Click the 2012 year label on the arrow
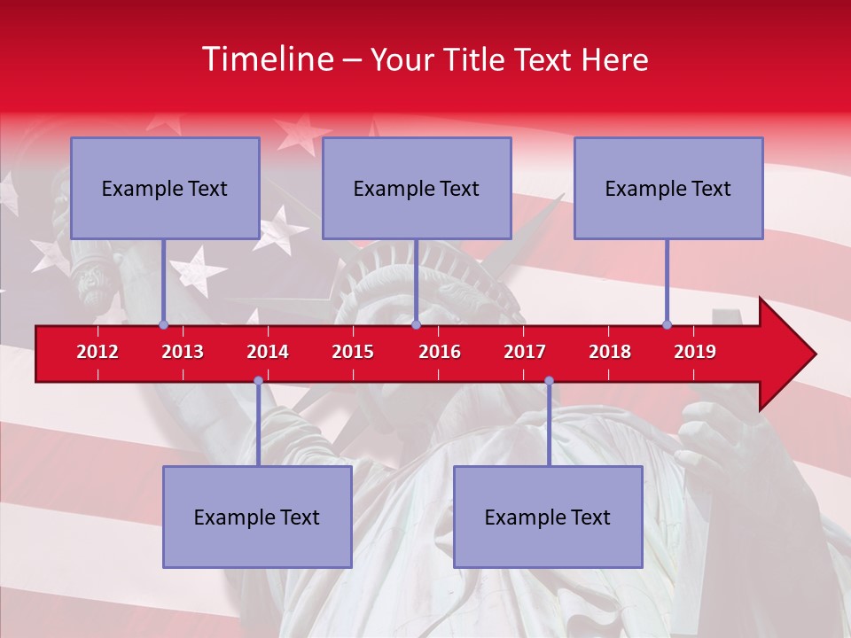coord(98,352)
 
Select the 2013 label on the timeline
coord(183,352)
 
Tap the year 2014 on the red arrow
coord(268,352)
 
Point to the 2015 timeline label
coord(353,352)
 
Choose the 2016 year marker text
coord(440,352)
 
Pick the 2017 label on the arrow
coord(525,352)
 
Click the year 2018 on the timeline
coord(610,352)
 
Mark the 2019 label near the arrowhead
coord(695,352)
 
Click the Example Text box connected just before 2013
coord(165,188)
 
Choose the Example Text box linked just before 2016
coord(417,188)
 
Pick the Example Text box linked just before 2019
coord(668,188)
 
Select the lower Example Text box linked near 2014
coord(257,517)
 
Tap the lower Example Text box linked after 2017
coord(548,517)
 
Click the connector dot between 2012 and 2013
coord(163,324)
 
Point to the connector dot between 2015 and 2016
coord(416,324)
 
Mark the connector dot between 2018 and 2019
coord(667,324)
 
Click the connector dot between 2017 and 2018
coord(549,380)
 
